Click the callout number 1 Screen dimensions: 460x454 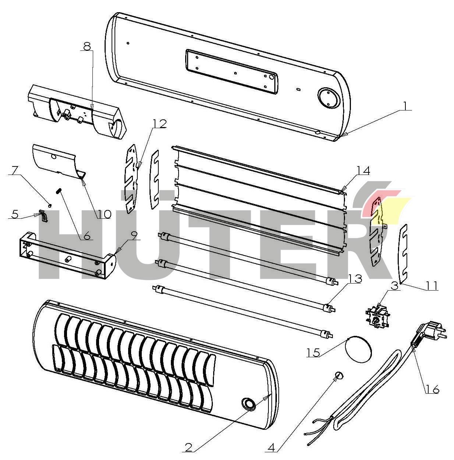coord(405,106)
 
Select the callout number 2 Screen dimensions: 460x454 coord(188,447)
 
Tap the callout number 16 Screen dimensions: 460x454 coord(433,389)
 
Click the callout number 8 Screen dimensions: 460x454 coord(87,46)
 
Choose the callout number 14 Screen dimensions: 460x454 coord(363,170)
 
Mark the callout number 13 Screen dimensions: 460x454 coord(355,279)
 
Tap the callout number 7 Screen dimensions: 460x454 coord(15,171)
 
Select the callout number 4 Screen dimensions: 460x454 coord(271,447)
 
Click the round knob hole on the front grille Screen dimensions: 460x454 coord(249,403)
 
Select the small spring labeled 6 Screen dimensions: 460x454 coord(58,191)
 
